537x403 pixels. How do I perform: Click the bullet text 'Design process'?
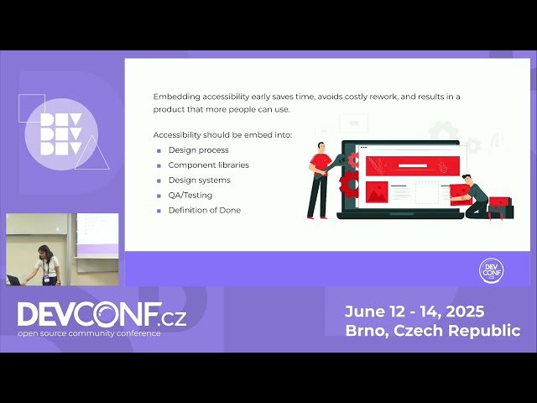198,150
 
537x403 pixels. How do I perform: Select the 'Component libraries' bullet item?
208,165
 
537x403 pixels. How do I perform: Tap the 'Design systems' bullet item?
199,181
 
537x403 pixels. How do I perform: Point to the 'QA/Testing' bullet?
190,195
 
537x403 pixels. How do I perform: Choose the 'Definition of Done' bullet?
204,210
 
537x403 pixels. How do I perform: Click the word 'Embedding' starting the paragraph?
176,97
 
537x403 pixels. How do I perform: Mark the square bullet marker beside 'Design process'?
158,150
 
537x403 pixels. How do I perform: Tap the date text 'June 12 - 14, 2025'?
414,311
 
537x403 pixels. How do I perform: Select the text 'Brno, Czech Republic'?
432,331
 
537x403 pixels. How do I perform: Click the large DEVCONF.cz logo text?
102,315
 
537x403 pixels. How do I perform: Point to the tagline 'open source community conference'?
91,333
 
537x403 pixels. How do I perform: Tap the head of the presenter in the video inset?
44,251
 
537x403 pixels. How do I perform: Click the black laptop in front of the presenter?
14,280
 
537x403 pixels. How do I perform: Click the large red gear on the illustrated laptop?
349,183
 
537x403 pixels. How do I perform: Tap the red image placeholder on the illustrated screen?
377,192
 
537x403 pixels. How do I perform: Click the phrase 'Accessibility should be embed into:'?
222,135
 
